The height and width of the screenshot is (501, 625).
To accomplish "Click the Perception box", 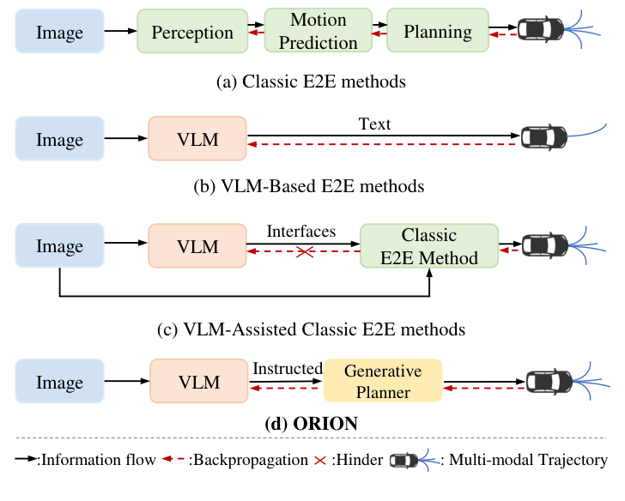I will click(192, 33).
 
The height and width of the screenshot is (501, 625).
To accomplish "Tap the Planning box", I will click(437, 33).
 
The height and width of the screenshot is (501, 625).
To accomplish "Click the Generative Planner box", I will click(383, 382).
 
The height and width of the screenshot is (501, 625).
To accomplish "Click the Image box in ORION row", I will click(59, 382).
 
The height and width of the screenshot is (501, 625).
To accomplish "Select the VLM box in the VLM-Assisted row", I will click(197, 247).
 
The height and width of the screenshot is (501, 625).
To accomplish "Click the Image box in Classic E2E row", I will click(59, 33).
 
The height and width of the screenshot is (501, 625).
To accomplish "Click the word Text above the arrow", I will click(374, 124).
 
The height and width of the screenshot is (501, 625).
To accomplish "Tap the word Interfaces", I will click(300, 232).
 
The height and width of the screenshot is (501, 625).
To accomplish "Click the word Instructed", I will click(287, 368).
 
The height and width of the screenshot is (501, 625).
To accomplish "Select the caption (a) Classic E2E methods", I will click(312, 82).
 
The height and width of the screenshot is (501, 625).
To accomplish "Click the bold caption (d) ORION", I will click(312, 423).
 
